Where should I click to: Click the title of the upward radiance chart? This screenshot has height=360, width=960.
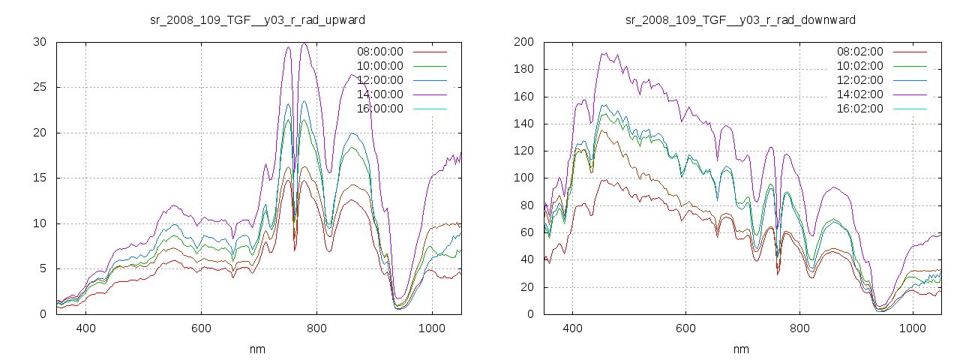(x=258, y=19)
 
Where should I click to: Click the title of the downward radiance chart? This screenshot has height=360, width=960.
(x=740, y=19)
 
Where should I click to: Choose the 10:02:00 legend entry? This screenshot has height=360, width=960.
(x=859, y=66)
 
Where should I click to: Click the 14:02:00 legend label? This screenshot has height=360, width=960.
(x=859, y=94)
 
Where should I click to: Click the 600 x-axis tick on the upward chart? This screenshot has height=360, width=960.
(x=200, y=328)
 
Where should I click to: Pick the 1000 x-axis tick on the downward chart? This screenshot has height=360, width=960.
(x=912, y=328)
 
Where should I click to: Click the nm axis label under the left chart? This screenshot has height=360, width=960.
(x=258, y=349)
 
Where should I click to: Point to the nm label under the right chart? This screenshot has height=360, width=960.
(x=740, y=349)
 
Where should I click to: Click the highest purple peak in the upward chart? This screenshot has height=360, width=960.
(x=304, y=43)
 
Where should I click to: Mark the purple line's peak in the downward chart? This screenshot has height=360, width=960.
(x=603, y=53)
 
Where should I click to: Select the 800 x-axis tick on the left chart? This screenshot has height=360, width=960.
(x=316, y=328)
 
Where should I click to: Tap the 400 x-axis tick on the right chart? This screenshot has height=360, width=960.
(x=572, y=328)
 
